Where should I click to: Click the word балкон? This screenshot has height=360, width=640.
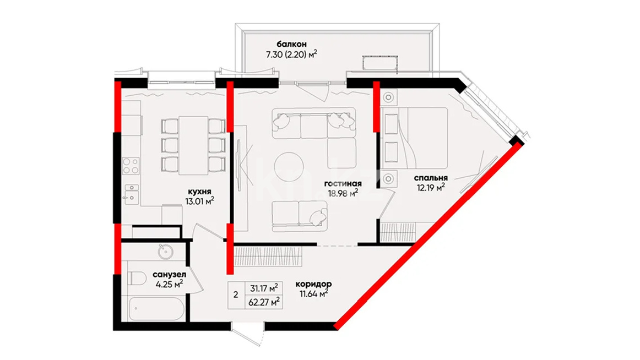point(291,44)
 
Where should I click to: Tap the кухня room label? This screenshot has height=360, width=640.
point(199,192)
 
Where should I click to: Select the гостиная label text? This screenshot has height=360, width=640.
point(343,183)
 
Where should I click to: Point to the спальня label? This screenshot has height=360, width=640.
point(431,178)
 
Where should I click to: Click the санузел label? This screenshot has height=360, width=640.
point(170,275)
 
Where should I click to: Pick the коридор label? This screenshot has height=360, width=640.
point(313,283)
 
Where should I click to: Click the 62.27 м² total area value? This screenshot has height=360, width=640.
point(264,302)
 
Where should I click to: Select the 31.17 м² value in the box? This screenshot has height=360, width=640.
point(264,288)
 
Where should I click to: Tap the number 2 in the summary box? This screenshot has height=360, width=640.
point(236,294)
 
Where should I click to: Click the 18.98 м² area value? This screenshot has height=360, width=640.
point(343,193)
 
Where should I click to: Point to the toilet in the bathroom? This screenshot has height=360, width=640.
point(137,279)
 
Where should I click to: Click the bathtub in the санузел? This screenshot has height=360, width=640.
point(156,309)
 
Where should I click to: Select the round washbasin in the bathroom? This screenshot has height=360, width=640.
point(166,252)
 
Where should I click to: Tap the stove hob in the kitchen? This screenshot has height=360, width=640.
point(131,166)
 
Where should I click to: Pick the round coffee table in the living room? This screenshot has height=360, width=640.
point(289,166)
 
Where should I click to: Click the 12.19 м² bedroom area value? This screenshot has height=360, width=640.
point(431,188)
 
